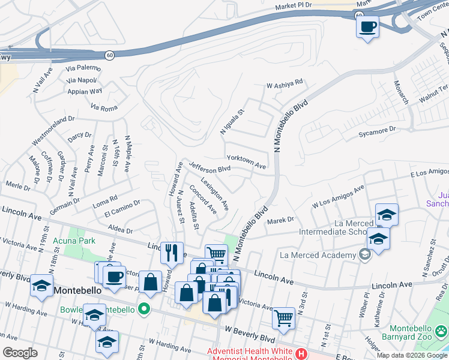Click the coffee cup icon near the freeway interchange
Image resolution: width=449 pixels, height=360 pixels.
367,26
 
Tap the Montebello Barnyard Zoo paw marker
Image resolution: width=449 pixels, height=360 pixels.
442,330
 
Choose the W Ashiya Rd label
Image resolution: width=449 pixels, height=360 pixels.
285,83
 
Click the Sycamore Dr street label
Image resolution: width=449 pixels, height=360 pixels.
377,130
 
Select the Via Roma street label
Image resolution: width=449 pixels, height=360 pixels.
104,108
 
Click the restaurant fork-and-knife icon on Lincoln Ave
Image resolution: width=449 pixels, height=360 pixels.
172,253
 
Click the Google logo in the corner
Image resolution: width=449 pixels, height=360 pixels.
20,353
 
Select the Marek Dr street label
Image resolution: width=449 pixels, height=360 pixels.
280,220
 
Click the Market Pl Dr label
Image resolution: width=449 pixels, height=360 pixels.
294,6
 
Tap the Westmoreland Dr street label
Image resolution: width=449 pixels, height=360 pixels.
53,130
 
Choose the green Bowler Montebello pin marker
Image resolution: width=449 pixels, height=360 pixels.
143,310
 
